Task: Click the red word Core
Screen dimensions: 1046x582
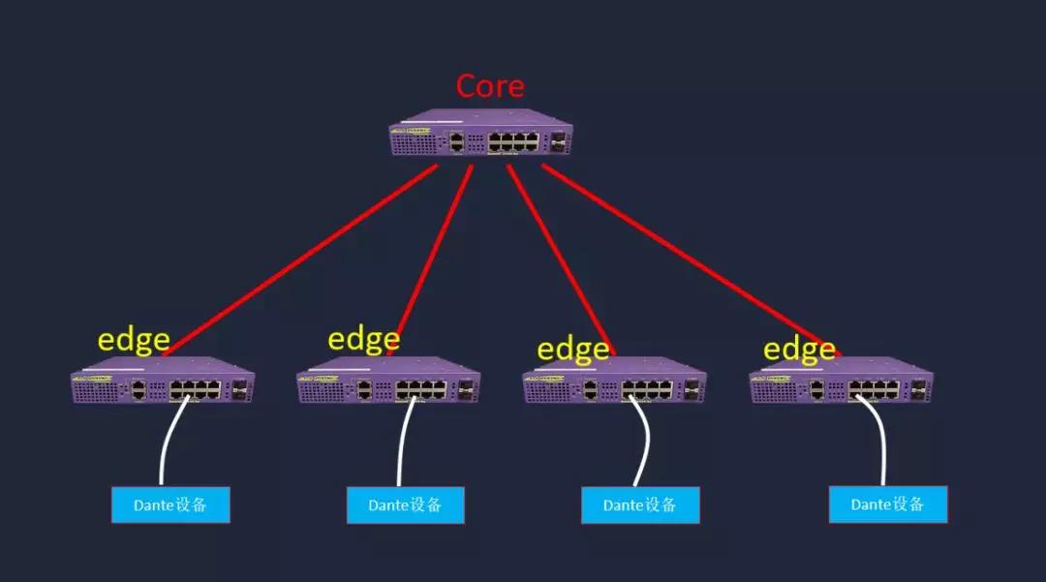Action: (x=490, y=86)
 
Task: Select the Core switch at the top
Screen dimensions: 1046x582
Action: (x=481, y=133)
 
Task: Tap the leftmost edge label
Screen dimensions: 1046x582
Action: (x=134, y=341)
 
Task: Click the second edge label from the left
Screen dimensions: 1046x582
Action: (x=363, y=339)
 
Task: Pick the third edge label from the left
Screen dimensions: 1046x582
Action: (x=573, y=350)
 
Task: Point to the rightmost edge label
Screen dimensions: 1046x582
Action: (x=799, y=350)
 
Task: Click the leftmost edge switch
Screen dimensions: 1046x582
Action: (x=163, y=380)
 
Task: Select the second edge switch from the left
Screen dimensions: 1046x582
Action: (x=388, y=380)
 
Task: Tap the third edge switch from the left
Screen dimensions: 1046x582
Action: (x=614, y=380)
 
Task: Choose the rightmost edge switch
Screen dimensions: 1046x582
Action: (x=842, y=380)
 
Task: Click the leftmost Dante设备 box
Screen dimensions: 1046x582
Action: (x=170, y=505)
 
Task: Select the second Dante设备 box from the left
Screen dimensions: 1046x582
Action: (x=406, y=505)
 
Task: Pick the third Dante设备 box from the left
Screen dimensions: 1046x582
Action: (x=640, y=505)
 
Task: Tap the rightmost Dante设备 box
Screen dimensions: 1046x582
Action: (x=888, y=505)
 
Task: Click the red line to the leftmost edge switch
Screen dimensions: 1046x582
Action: (x=299, y=260)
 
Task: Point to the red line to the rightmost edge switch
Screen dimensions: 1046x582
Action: (x=692, y=260)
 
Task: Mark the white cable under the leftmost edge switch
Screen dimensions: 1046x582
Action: (x=169, y=439)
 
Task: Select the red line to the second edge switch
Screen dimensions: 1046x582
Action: (x=435, y=251)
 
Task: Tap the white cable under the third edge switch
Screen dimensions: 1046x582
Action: (x=646, y=440)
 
